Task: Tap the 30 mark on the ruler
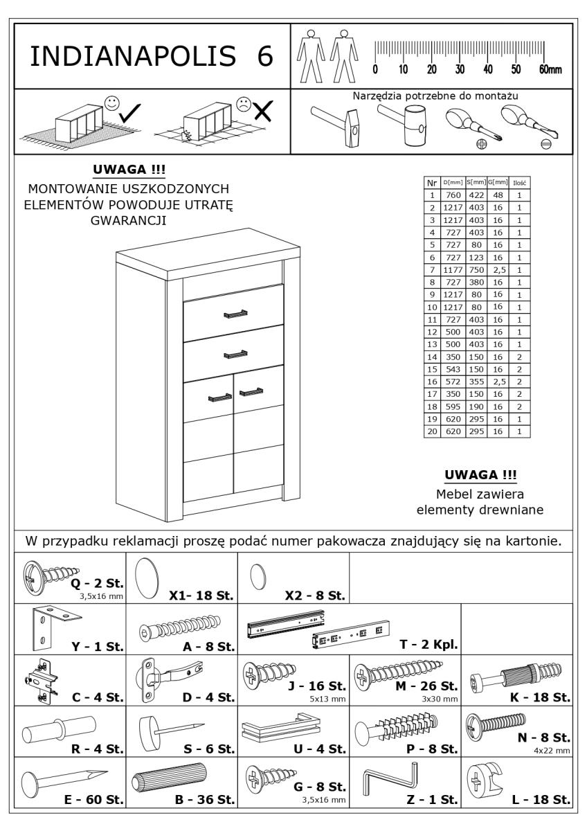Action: coord(460,69)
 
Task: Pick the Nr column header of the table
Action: coord(432,182)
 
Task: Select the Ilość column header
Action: coord(518,183)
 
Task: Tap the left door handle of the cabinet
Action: coord(219,397)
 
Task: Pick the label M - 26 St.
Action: coord(428,687)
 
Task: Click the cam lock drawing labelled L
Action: coord(489,783)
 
